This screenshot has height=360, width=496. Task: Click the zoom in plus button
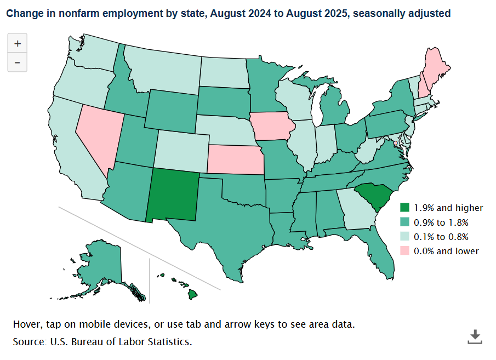[x=18, y=43]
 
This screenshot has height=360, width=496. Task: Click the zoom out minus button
[x=18, y=62]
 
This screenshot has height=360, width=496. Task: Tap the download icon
[x=475, y=336]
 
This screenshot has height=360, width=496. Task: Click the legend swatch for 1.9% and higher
[x=405, y=208]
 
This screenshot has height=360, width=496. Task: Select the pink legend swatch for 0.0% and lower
[x=405, y=251]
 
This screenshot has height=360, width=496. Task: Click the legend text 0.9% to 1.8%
[x=441, y=222]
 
